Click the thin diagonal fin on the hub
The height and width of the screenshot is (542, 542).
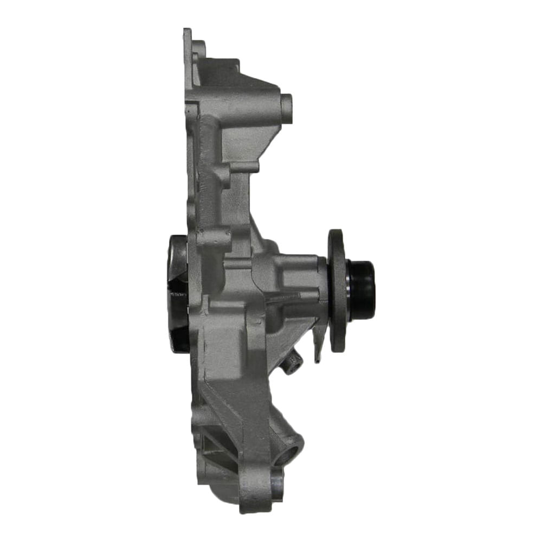(282, 298)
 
